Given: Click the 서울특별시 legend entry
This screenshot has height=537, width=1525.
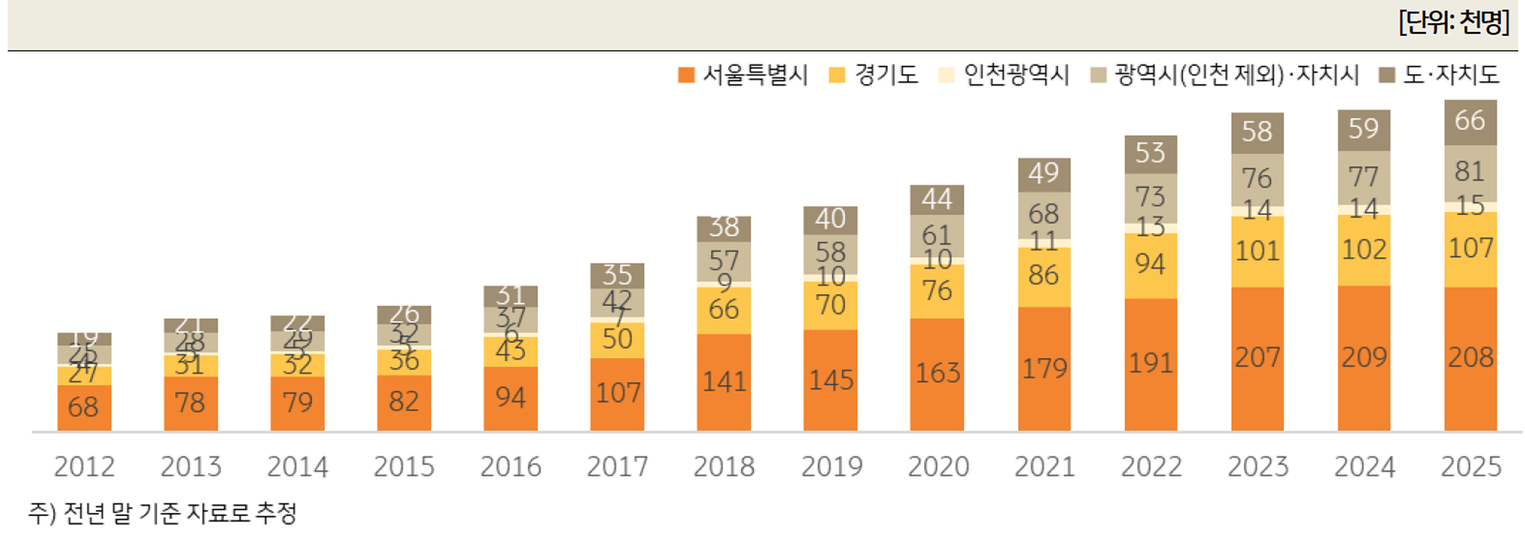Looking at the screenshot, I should [x=742, y=75].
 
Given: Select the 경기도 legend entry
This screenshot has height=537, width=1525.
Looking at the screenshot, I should [x=873, y=75].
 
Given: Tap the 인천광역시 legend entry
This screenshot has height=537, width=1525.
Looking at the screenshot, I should [x=1003, y=75].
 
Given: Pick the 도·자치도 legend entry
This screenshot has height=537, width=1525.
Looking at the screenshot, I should [x=1439, y=75].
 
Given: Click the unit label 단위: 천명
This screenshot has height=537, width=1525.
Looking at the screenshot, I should [x=1453, y=22].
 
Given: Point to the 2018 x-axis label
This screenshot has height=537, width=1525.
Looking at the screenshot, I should [x=724, y=467].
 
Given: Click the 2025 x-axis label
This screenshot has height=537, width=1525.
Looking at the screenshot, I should [x=1470, y=467].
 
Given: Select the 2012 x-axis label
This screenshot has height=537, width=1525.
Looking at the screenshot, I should [x=84, y=467].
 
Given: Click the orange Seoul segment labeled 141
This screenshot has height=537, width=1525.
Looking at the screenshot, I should [x=724, y=382].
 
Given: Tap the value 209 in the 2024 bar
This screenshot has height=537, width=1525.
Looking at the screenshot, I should [x=1364, y=357].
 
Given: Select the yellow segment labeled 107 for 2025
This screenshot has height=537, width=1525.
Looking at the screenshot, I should [x=1470, y=248].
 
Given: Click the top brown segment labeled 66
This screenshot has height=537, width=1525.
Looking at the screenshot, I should [x=1470, y=120].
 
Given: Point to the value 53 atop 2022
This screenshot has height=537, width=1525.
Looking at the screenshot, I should [x=1150, y=153].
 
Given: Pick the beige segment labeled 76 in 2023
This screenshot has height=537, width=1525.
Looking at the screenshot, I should [x=1257, y=179].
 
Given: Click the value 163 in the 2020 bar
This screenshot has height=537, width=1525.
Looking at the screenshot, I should [x=937, y=373].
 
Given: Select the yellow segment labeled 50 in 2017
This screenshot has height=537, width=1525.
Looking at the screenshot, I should [x=617, y=339].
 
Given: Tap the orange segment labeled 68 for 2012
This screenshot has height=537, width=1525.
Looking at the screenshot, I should [x=83, y=407].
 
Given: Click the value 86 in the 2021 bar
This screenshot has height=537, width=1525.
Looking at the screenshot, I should [x=1043, y=276].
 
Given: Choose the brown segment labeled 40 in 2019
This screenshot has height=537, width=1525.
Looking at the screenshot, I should [x=830, y=219].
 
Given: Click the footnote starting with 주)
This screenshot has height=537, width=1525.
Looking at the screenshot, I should [x=162, y=513].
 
